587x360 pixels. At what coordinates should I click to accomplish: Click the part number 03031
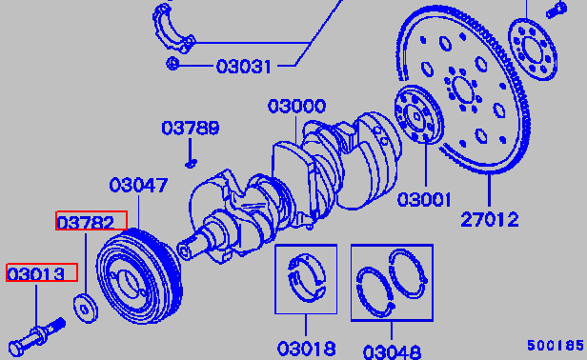(x=243, y=67)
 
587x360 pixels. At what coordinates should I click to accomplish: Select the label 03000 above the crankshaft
(x=296, y=107)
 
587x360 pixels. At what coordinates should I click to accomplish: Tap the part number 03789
(x=191, y=128)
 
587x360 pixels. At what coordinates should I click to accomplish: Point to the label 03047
(x=138, y=186)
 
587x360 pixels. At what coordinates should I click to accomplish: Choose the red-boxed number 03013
(x=36, y=274)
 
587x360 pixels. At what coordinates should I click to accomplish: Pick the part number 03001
(x=424, y=199)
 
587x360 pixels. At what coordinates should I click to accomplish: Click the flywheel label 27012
(x=490, y=219)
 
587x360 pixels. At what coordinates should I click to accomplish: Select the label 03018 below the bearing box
(x=306, y=349)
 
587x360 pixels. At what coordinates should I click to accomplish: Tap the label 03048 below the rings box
(x=392, y=352)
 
